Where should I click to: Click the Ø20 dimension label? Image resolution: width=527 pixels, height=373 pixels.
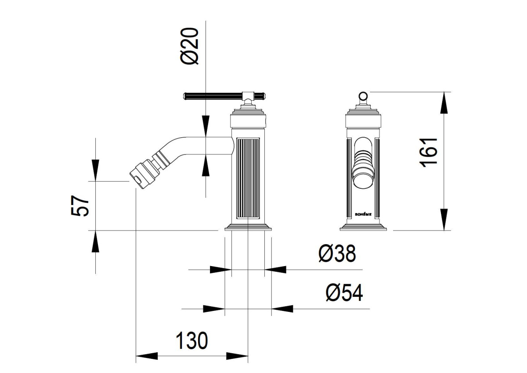189,46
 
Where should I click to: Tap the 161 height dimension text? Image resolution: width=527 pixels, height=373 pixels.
429,153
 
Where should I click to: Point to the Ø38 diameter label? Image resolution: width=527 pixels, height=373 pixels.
337,253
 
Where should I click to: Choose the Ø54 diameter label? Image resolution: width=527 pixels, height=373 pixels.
344,293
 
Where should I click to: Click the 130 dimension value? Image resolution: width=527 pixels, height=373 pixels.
192,340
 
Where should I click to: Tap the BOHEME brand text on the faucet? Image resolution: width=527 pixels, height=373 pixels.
363,214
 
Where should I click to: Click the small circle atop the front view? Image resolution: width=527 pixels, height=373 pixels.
363,96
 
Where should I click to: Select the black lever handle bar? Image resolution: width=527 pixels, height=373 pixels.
213,96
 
